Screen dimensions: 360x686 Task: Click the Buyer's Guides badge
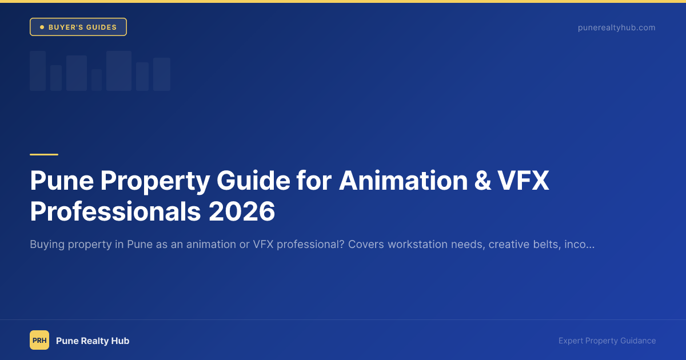click(x=78, y=27)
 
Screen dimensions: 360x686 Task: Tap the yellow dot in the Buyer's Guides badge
click(x=42, y=27)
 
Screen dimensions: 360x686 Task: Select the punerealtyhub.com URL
click(x=616, y=27)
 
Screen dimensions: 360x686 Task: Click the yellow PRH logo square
click(x=39, y=340)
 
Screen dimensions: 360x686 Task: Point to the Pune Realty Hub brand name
click(x=93, y=341)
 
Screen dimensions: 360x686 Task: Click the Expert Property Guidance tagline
click(x=607, y=341)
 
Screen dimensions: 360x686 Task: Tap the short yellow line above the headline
click(x=44, y=154)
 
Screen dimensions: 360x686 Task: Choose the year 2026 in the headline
click(x=242, y=211)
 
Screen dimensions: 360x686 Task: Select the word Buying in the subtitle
click(x=47, y=245)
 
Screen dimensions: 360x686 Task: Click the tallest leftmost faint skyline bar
click(x=38, y=71)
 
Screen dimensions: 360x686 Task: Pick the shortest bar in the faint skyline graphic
click(x=97, y=80)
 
